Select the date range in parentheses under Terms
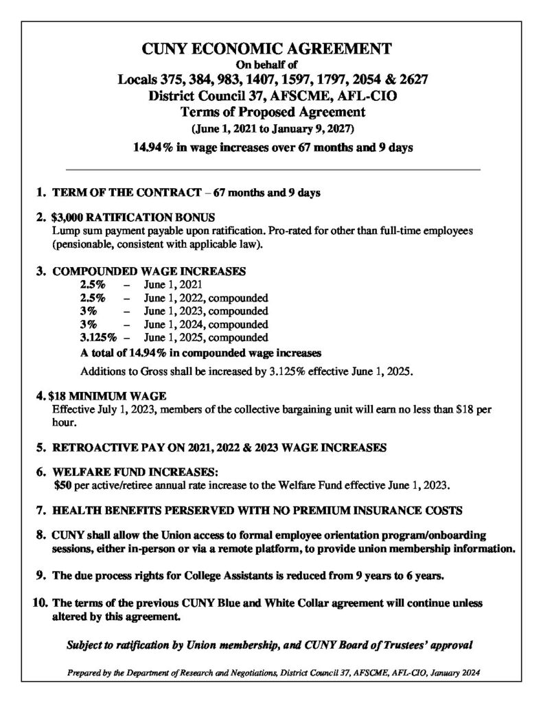tap(271, 129)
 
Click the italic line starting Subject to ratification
tap(271, 646)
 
